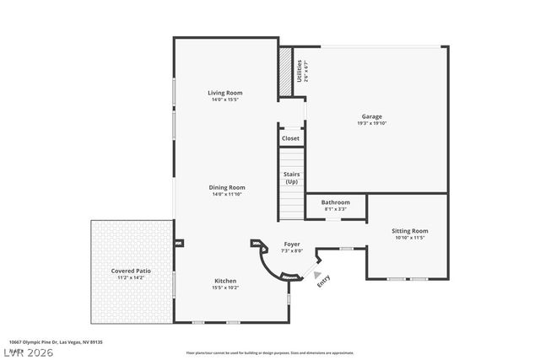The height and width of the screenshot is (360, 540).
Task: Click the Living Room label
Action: tap(226, 93)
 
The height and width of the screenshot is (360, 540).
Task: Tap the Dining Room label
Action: tap(228, 187)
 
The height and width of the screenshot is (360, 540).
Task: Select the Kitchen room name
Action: tap(225, 281)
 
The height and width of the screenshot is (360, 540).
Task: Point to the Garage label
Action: tap(373, 116)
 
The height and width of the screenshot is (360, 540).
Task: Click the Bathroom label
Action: tap(335, 202)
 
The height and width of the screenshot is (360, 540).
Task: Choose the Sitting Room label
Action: tap(411, 230)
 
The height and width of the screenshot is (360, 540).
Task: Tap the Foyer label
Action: tap(292, 244)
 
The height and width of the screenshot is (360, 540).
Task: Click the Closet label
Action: tap(290, 138)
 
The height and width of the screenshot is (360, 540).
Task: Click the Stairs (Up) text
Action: tap(291, 178)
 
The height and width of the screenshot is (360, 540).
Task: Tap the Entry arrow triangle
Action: tap(317, 274)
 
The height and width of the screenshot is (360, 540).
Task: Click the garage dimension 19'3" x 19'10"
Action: tap(373, 123)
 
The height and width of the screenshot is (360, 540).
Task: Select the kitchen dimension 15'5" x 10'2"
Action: tap(225, 287)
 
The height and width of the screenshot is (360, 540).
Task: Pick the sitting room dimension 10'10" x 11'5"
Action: tap(411, 238)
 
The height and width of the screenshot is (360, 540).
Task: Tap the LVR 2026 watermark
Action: tap(27, 352)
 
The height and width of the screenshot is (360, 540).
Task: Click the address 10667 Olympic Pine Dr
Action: tap(51, 342)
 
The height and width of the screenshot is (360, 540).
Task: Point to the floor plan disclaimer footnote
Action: tap(270, 352)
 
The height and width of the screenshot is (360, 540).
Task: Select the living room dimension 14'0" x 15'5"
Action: tap(226, 99)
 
